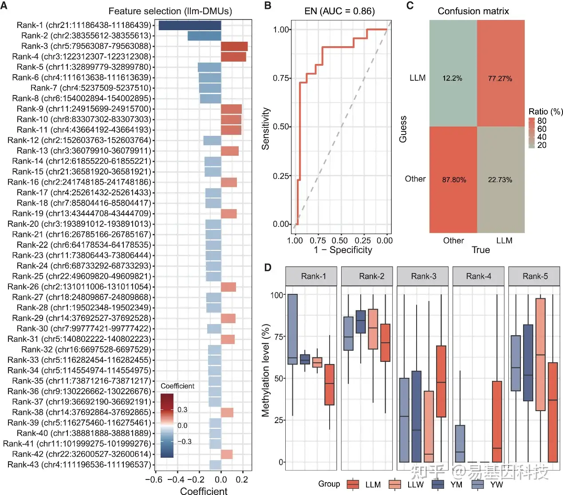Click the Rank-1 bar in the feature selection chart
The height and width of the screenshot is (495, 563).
click(x=190, y=25)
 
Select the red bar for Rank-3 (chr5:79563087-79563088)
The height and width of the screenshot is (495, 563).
click(x=234, y=46)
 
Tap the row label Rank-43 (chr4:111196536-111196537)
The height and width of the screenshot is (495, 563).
click(x=79, y=465)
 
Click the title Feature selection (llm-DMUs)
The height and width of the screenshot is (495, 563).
click(x=170, y=11)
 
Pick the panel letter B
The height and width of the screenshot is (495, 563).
click(x=268, y=6)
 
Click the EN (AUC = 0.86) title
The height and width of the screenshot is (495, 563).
click(x=339, y=11)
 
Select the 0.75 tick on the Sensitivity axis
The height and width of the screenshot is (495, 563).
click(x=281, y=78)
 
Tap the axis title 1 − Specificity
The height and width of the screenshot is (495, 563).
click(x=343, y=250)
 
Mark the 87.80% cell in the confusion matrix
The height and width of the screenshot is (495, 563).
click(x=453, y=179)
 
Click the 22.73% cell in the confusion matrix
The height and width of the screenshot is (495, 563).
click(x=500, y=179)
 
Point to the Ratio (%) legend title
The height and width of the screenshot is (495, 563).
click(x=546, y=111)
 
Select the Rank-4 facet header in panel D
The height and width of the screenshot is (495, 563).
click(x=479, y=276)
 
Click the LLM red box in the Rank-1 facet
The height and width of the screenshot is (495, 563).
click(x=329, y=384)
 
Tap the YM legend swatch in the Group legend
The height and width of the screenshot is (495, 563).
click(x=438, y=484)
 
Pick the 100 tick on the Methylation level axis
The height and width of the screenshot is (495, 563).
click(x=277, y=295)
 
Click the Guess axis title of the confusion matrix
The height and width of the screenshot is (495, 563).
click(x=403, y=129)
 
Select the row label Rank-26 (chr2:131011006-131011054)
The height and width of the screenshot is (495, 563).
click(x=79, y=287)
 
